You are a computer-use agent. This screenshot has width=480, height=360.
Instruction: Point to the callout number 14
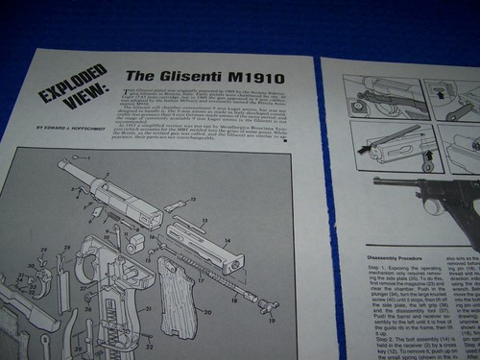227,241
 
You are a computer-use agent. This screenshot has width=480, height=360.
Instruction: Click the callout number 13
204,220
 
